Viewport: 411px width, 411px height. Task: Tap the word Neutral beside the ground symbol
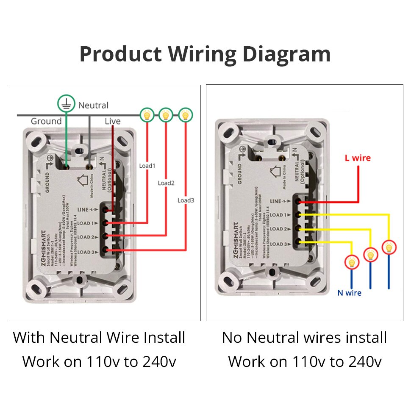click(93, 105)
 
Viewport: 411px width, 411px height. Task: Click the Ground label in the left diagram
click(46, 121)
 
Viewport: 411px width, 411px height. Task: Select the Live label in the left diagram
click(113, 121)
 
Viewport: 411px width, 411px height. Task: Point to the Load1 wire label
click(147, 165)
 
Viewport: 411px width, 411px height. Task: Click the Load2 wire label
click(166, 183)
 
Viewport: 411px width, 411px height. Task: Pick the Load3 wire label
click(186, 200)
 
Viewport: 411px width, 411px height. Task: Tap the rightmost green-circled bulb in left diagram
click(185, 114)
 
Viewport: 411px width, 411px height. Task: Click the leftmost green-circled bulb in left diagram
click(147, 114)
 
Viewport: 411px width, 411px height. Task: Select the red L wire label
click(358, 158)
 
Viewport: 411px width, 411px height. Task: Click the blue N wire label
click(349, 293)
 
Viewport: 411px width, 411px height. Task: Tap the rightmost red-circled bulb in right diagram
click(389, 247)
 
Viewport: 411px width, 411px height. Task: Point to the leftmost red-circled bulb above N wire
click(351, 262)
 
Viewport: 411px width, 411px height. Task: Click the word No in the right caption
click(232, 338)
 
